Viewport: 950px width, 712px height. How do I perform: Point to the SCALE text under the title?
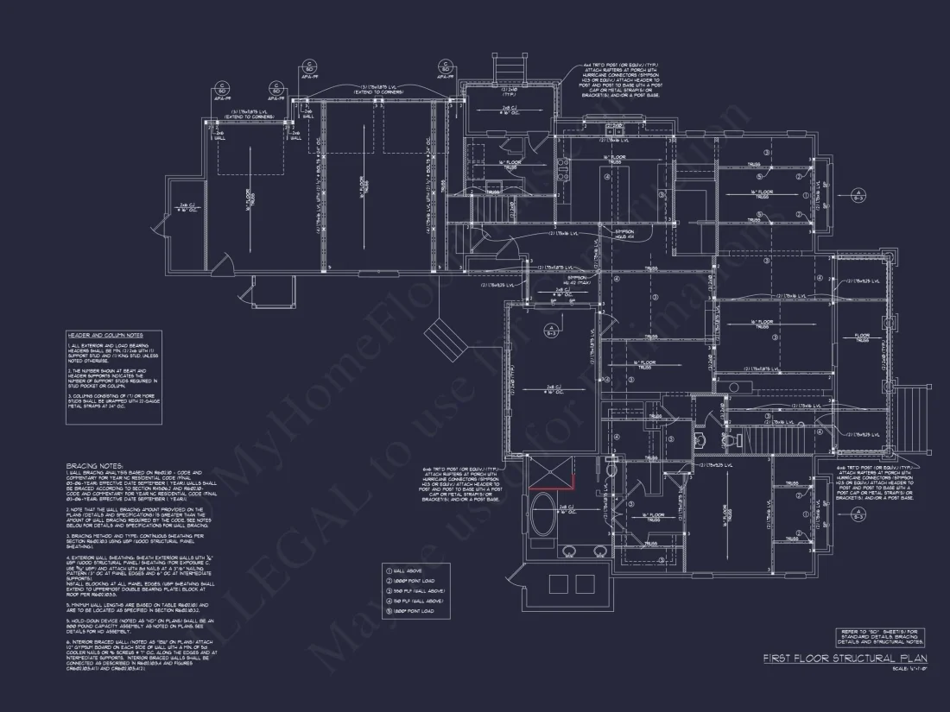(x=911, y=670)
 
